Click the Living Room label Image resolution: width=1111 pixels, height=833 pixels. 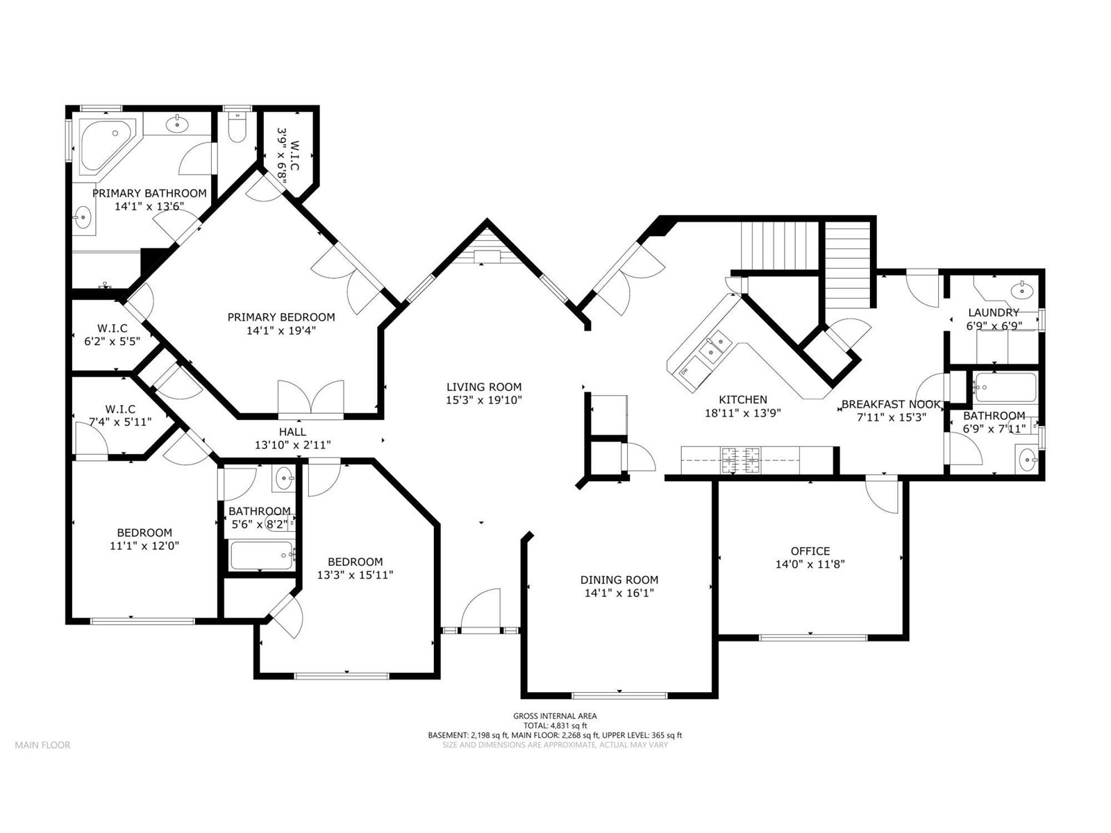(484, 387)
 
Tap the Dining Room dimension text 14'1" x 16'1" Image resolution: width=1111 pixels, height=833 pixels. (619, 594)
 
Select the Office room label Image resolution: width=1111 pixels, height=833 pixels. (810, 550)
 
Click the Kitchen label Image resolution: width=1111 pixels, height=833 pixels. (743, 400)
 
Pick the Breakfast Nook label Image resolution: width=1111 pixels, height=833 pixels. (891, 405)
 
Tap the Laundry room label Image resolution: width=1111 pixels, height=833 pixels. (994, 312)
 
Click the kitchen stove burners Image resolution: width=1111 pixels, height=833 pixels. (740, 460)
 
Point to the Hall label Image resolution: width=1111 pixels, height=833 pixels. (292, 431)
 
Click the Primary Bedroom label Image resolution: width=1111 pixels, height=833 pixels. (281, 317)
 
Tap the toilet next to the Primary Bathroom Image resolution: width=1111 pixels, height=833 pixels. (236, 128)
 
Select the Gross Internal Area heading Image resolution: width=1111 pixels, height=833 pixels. (555, 716)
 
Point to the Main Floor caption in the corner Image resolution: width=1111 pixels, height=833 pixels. (42, 745)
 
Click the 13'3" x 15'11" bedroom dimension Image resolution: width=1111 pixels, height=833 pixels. (356, 575)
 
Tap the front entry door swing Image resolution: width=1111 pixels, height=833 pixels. (481, 609)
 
